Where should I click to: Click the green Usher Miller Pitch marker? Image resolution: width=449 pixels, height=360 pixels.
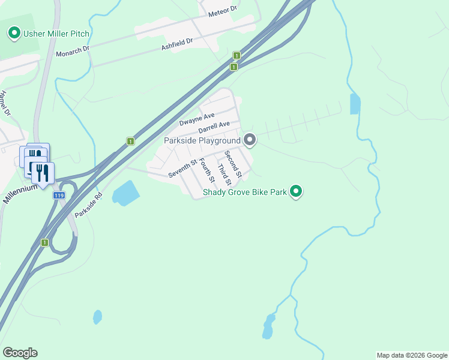tap(14, 33)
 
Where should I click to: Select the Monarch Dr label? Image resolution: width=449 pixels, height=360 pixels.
tap(73, 52)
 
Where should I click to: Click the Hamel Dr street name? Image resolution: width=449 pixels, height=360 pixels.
tap(5, 103)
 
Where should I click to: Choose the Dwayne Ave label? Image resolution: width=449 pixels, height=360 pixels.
tap(196, 119)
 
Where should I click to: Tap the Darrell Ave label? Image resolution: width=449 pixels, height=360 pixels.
tap(214, 127)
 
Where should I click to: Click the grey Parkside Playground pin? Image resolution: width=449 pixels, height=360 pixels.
tap(250, 140)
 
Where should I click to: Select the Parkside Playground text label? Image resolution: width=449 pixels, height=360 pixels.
tap(202, 140)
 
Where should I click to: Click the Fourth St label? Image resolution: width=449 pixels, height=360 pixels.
tap(206, 170)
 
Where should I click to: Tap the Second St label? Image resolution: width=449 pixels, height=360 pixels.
tap(233, 164)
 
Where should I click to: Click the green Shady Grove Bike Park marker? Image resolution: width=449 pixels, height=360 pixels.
tap(295, 191)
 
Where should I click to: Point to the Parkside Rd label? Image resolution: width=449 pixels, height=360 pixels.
tap(89, 205)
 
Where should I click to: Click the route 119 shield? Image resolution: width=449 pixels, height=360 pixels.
tap(59, 196)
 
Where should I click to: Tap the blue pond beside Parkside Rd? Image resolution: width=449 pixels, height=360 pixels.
tap(125, 193)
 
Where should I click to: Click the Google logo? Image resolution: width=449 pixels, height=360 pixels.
tap(20, 353)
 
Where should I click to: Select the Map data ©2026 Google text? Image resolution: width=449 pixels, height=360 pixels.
tap(412, 355)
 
